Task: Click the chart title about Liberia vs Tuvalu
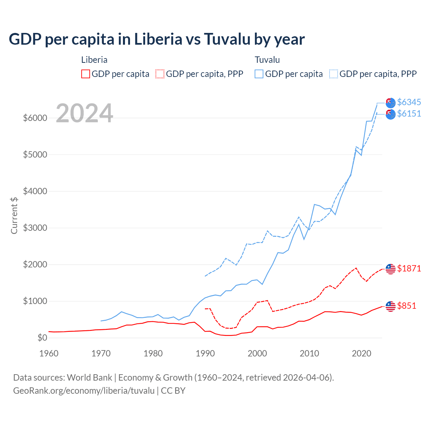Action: tap(157, 39)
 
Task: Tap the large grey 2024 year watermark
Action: tap(84, 113)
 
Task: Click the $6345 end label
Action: tap(409, 102)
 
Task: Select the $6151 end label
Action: tap(409, 114)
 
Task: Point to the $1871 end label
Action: tap(409, 268)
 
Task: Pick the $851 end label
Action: tap(406, 306)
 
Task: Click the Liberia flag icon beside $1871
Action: tap(390, 269)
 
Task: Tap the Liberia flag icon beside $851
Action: tap(390, 306)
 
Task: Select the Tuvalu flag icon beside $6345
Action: tap(390, 103)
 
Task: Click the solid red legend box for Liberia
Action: tap(86, 74)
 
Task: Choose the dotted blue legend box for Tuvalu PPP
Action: tap(334, 74)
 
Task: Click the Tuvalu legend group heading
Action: tap(267, 60)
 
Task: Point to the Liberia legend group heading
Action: tap(94, 60)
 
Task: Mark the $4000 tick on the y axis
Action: tap(35, 191)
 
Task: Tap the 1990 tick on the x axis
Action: tap(205, 353)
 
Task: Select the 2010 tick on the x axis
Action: tap(309, 353)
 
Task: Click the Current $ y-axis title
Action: tap(14, 215)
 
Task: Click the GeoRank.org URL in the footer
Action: tap(84, 391)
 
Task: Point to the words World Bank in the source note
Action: tap(89, 378)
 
